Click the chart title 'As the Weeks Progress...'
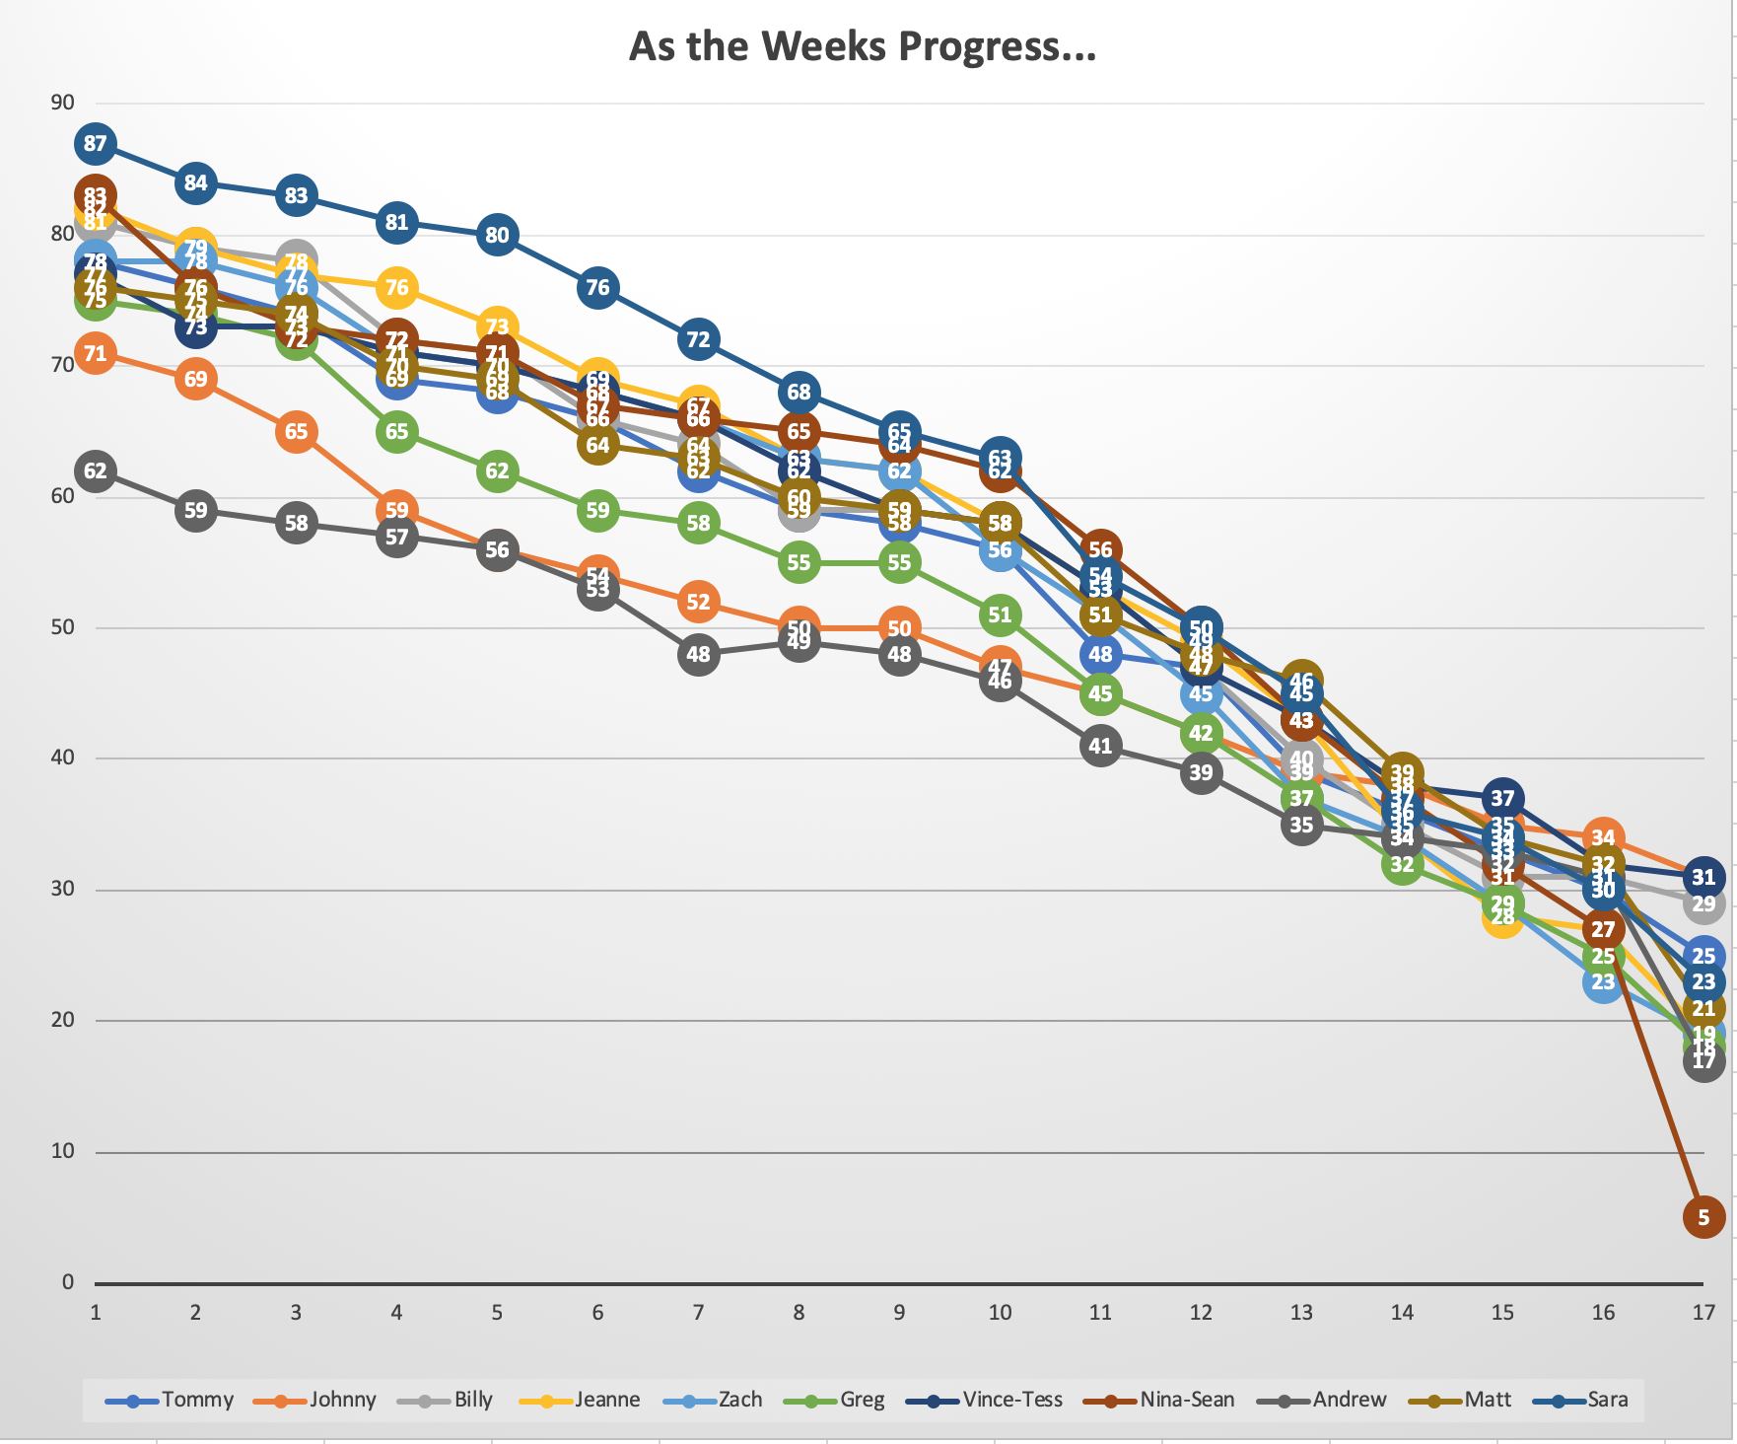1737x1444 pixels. click(863, 46)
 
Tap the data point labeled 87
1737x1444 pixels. click(95, 144)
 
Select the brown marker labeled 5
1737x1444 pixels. click(1703, 1217)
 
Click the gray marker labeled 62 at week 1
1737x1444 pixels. click(95, 471)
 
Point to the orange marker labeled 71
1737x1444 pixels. click(95, 353)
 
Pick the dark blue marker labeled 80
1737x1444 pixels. click(497, 235)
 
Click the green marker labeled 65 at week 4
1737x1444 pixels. click(396, 432)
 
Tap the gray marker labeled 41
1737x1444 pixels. click(1100, 747)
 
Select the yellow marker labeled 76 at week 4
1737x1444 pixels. click(396, 288)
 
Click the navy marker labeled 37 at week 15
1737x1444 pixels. click(1502, 798)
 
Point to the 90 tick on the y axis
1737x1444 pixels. click(62, 103)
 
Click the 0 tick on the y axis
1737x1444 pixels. click(68, 1282)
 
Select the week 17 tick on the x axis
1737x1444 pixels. click(1703, 1313)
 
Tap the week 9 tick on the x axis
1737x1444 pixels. click(899, 1313)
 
